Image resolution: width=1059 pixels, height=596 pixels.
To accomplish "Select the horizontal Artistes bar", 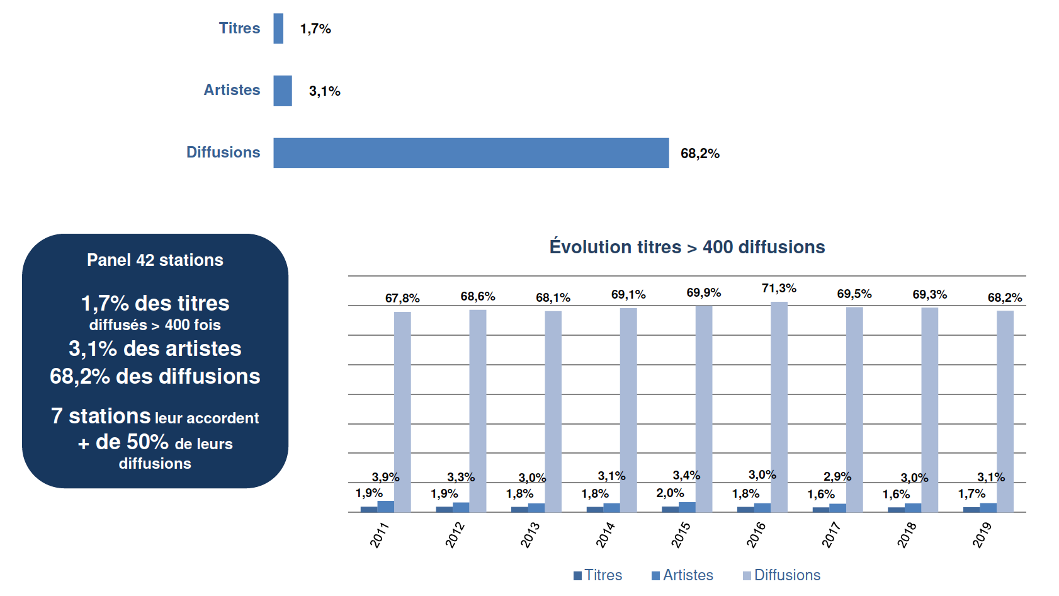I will (283, 91).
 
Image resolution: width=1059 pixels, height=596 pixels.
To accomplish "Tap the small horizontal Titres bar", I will (278, 28).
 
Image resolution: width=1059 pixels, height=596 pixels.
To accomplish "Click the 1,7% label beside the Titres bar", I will (315, 29).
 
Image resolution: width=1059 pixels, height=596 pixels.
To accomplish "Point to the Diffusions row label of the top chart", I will (223, 152).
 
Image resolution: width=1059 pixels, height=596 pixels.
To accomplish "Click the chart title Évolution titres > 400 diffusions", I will (687, 247).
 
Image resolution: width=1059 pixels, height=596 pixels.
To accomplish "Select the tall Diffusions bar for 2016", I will (779, 406).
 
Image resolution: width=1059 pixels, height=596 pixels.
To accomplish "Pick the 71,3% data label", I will (779, 289).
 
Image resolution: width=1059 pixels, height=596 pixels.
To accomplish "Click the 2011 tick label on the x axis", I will (380, 535).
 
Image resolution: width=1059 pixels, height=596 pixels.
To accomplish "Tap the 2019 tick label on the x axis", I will (982, 535).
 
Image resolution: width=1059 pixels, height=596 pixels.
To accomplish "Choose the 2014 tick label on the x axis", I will (606, 535).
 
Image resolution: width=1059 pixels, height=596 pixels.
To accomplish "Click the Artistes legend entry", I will (682, 575).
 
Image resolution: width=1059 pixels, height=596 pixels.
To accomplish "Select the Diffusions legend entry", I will (781, 575).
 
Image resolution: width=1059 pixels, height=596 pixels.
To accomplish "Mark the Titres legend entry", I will (597, 575).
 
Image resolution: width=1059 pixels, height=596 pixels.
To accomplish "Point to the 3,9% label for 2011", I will (385, 478).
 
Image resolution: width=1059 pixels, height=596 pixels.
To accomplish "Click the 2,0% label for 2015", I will (670, 493).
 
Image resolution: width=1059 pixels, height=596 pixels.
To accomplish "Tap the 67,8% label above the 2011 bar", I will (402, 298).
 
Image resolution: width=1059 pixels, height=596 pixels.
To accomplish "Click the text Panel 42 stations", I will (155, 260).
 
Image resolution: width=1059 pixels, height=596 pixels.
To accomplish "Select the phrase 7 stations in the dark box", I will (101, 416).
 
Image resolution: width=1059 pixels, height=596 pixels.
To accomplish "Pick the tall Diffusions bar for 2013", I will (553, 411).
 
